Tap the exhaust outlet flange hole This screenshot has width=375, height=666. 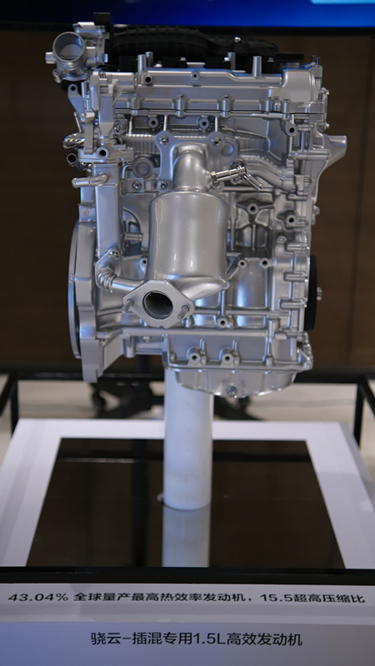(157, 305)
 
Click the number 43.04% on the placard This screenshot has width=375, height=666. (38, 597)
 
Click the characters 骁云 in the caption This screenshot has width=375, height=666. (104, 639)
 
